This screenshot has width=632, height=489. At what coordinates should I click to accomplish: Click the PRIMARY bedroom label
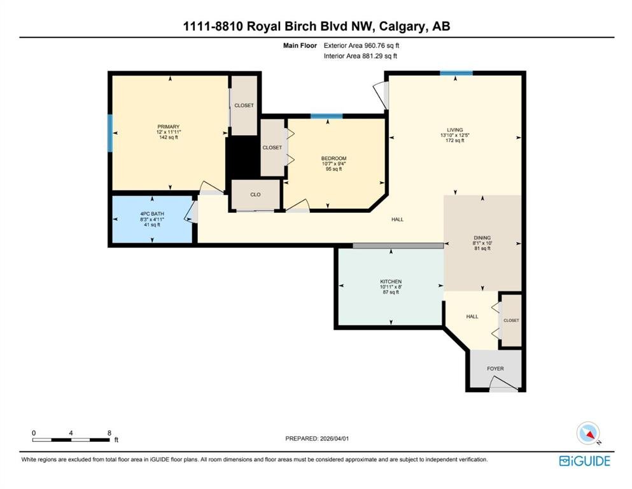(x=169, y=127)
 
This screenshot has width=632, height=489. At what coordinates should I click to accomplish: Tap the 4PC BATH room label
(x=152, y=214)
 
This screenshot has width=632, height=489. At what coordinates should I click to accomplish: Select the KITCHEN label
(x=391, y=281)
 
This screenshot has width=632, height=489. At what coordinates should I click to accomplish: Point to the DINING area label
(x=482, y=238)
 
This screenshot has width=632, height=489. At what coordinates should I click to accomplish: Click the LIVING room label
(x=455, y=130)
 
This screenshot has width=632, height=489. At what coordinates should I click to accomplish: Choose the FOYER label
(x=495, y=369)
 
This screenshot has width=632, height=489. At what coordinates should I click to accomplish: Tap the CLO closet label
(x=256, y=194)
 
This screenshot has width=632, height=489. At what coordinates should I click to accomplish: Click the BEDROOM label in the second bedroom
(x=334, y=159)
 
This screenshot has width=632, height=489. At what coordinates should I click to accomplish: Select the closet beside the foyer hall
(x=512, y=320)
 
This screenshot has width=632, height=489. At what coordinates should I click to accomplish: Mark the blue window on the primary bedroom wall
(x=109, y=134)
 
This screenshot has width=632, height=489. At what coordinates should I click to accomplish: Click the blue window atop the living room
(x=456, y=73)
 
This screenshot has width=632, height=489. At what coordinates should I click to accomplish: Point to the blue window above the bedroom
(x=327, y=116)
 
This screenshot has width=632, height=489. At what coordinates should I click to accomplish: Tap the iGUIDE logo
(x=585, y=461)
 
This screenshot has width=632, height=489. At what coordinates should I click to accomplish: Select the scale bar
(x=71, y=440)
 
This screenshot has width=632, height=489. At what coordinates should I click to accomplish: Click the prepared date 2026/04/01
(x=334, y=438)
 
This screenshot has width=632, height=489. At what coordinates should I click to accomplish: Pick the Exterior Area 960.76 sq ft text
(x=362, y=46)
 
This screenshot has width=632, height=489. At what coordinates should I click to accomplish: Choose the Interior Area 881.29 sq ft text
(x=360, y=56)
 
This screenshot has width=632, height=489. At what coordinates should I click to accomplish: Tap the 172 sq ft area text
(x=455, y=140)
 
